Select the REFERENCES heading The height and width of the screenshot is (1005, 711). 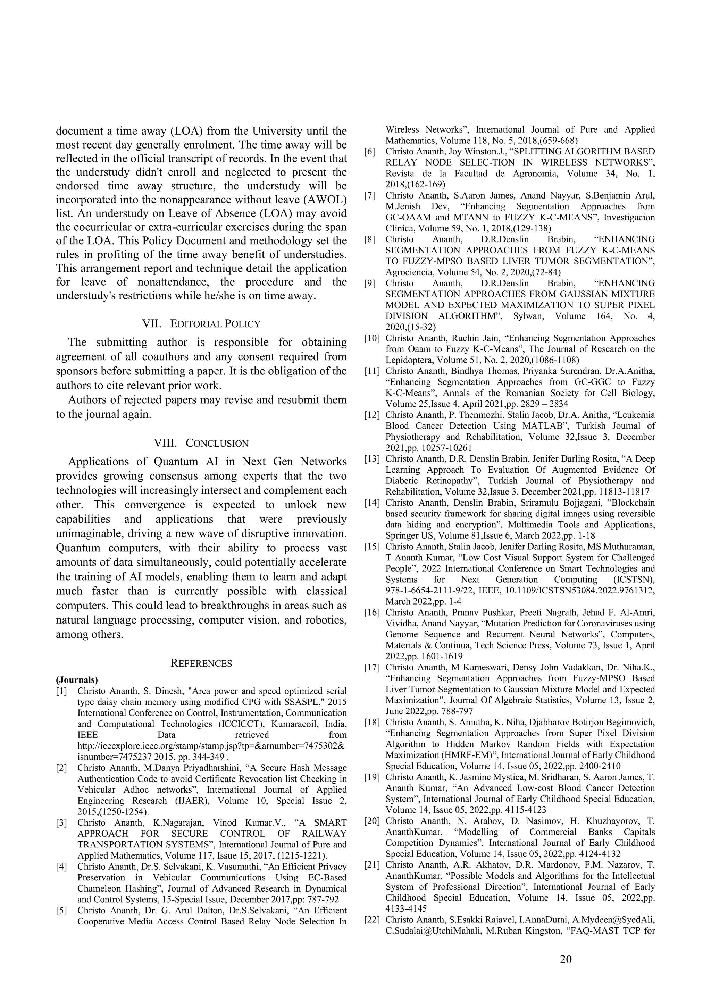(201, 663)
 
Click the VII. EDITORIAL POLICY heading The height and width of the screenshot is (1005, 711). (201, 323)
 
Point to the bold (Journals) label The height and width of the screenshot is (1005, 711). (77, 680)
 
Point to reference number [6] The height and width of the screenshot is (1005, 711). (370, 151)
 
